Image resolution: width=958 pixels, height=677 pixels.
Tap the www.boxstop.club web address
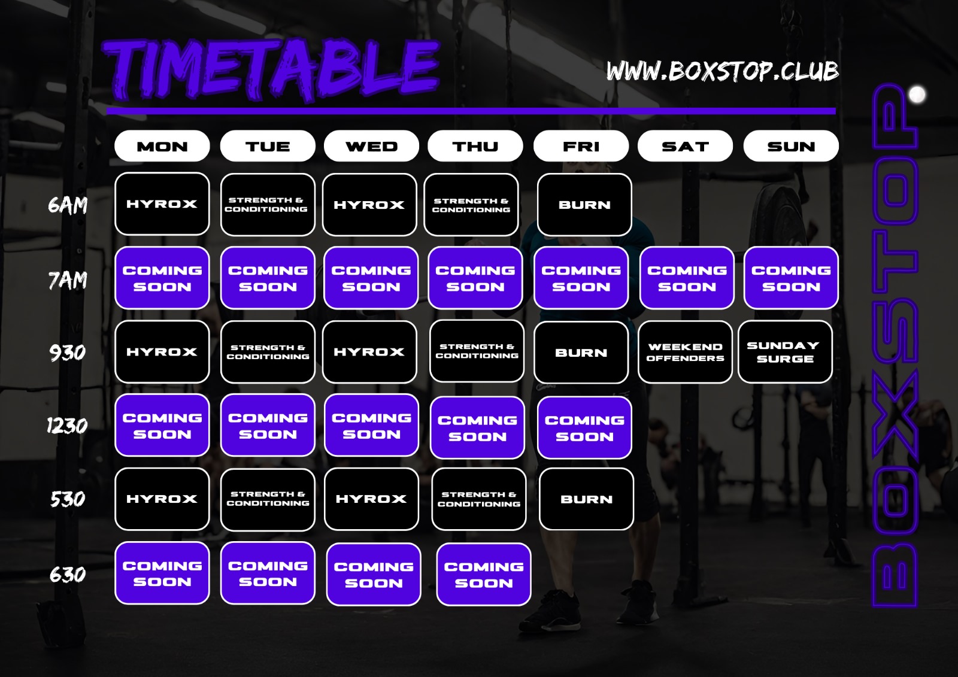pos(722,71)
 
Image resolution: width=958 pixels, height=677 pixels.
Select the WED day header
pos(371,146)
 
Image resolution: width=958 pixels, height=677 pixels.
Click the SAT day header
pos(685,146)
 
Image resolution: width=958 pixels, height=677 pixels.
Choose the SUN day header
pos(791,146)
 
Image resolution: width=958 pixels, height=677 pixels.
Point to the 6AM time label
pos(68,205)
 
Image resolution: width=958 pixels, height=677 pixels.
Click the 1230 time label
pos(67,426)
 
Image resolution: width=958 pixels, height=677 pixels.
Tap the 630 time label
pos(68,575)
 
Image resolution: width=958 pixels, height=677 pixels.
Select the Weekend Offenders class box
pos(685,352)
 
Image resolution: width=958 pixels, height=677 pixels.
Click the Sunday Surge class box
pos(785,351)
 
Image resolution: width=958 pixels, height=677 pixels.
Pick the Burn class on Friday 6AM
pos(584,205)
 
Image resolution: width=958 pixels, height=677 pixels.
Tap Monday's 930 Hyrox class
pos(162,351)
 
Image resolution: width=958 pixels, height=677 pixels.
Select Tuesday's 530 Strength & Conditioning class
pos(268,499)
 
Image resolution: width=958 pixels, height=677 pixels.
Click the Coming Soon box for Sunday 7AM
pos(791,278)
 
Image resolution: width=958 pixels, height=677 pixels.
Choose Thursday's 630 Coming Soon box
pos(484,575)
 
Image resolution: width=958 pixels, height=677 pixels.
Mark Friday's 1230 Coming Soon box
pos(584,427)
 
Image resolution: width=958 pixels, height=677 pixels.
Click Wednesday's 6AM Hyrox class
pos(369,205)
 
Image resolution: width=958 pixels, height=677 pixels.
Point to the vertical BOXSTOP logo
pos(895,345)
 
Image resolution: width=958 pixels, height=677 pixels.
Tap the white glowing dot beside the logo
pos(917,95)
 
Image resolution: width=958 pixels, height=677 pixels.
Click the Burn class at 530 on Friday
pos(586,499)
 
